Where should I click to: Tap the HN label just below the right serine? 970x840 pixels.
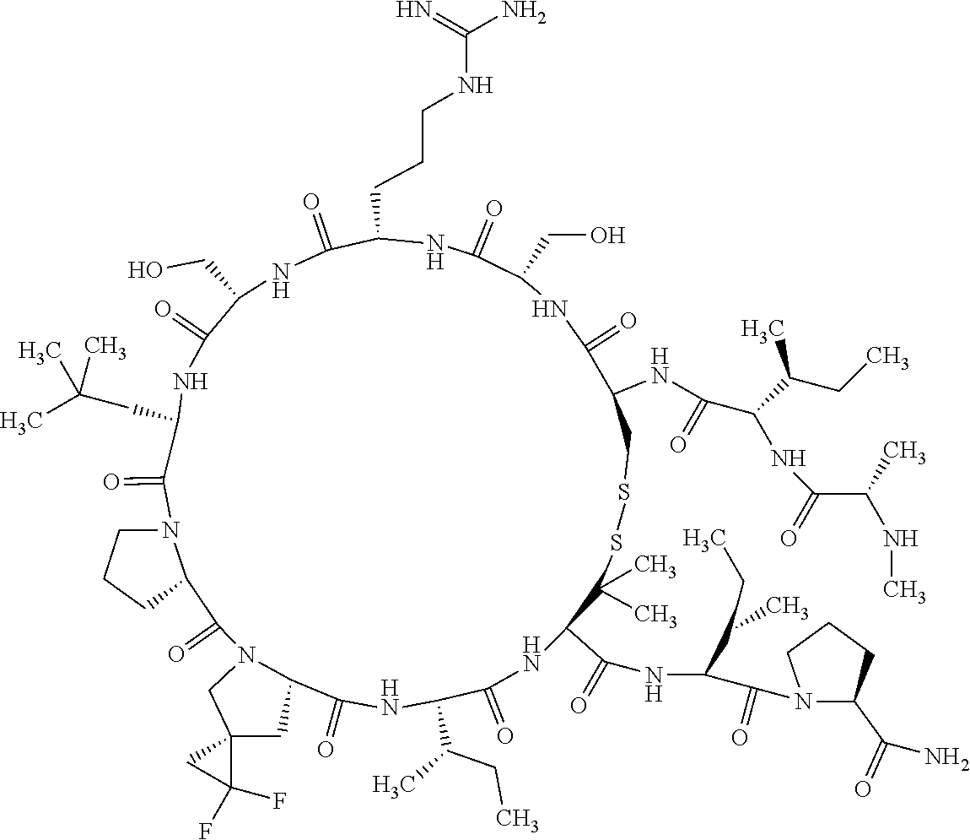(x=549, y=311)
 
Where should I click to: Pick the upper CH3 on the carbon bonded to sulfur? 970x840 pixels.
(x=654, y=563)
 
